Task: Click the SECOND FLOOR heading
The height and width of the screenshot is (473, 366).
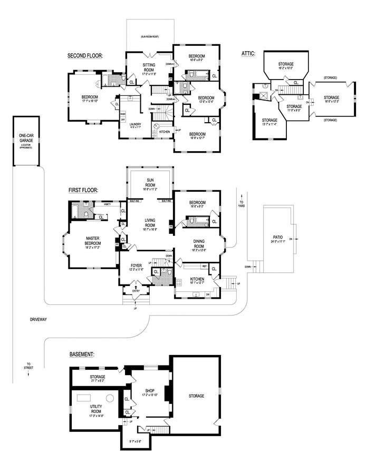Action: (x=84, y=55)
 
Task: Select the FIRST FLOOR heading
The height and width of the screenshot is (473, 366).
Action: (x=83, y=190)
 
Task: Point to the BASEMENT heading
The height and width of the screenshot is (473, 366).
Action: (x=82, y=354)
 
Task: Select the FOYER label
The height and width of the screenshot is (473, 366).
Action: (x=136, y=267)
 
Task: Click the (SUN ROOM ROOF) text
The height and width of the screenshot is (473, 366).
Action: (x=150, y=37)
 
